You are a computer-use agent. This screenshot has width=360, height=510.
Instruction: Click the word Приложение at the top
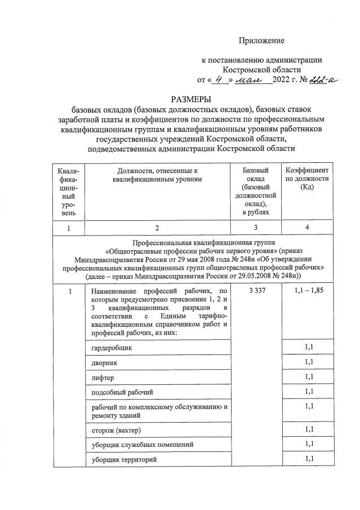(262, 41)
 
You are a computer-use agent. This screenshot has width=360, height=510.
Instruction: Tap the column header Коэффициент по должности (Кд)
(308, 179)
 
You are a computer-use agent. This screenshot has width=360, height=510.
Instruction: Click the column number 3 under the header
(256, 228)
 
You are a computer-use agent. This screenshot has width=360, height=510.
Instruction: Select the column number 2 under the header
(157, 228)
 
